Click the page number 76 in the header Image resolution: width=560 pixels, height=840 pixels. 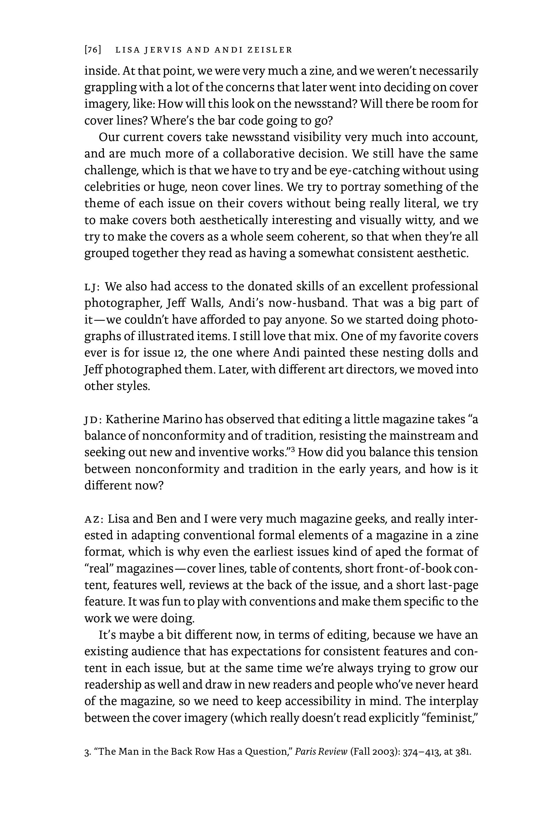click(93, 50)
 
